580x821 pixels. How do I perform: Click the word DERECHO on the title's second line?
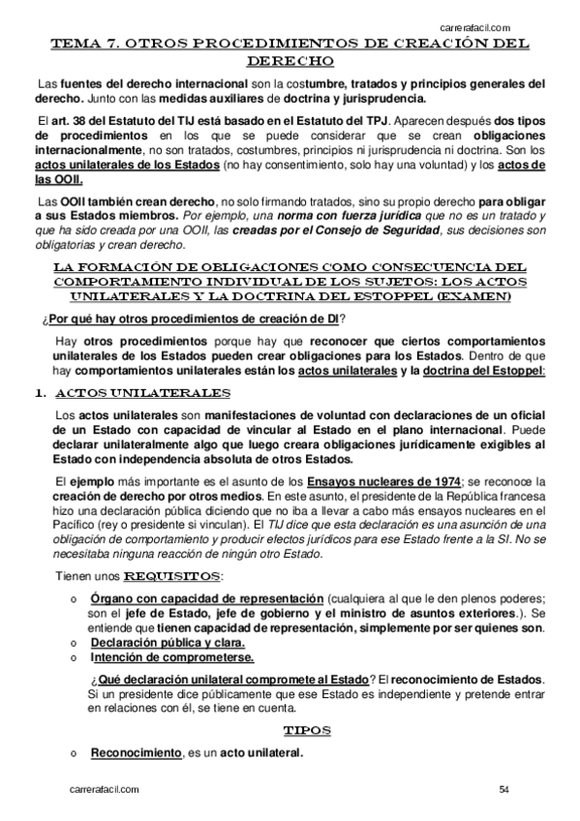(x=290, y=60)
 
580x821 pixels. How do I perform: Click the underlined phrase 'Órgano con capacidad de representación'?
(x=207, y=597)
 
